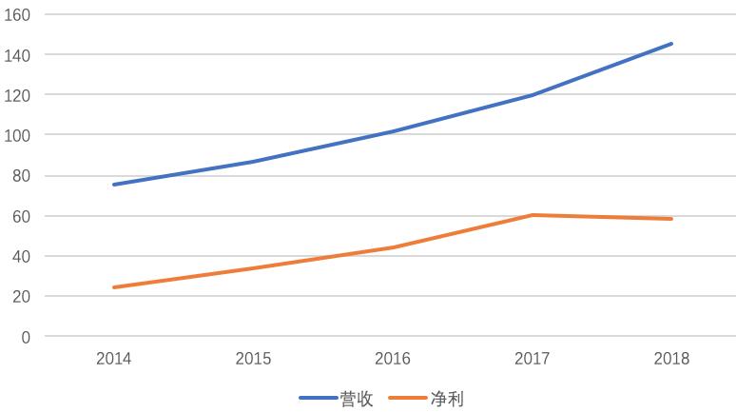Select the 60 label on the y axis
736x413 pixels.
(21, 216)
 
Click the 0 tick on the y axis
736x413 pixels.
(25, 337)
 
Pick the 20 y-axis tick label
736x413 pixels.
(21, 297)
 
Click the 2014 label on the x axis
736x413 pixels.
(114, 359)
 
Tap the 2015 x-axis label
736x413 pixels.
(253, 359)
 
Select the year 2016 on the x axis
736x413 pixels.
(393, 359)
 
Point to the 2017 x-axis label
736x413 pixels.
(533, 359)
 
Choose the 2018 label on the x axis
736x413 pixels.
(671, 359)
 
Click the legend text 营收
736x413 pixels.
(357, 399)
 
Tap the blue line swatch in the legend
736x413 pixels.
(319, 399)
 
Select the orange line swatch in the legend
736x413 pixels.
(408, 399)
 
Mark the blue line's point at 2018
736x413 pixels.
(671, 44)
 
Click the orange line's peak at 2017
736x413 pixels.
(533, 215)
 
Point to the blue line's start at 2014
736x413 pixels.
(114, 185)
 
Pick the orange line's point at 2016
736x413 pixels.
(393, 247)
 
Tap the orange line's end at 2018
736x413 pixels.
(671, 219)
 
